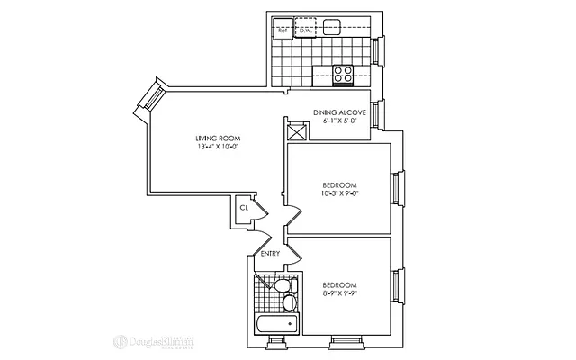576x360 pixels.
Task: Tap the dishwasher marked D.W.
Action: (305, 28)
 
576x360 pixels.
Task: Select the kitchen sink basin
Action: (332, 25)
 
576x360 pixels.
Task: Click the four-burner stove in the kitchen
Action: (343, 75)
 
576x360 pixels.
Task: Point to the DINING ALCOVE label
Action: (339, 112)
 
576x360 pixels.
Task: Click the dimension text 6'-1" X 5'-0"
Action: (339, 121)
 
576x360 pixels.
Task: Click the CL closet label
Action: (243, 208)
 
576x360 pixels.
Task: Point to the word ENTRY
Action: (270, 254)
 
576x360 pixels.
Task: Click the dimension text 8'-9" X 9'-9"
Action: (339, 290)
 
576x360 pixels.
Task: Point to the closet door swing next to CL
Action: (259, 210)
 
